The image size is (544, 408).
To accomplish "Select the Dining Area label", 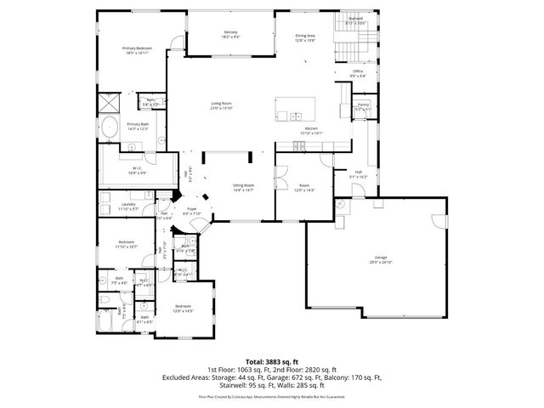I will tap(306, 37).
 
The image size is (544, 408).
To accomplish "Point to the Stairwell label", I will tap(355, 20).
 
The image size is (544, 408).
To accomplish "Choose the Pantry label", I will tap(362, 106).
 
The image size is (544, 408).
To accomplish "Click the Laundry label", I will tap(128, 206).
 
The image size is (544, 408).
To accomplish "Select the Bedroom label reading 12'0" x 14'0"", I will tap(184, 309).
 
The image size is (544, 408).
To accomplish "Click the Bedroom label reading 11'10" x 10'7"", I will tap(127, 245).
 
